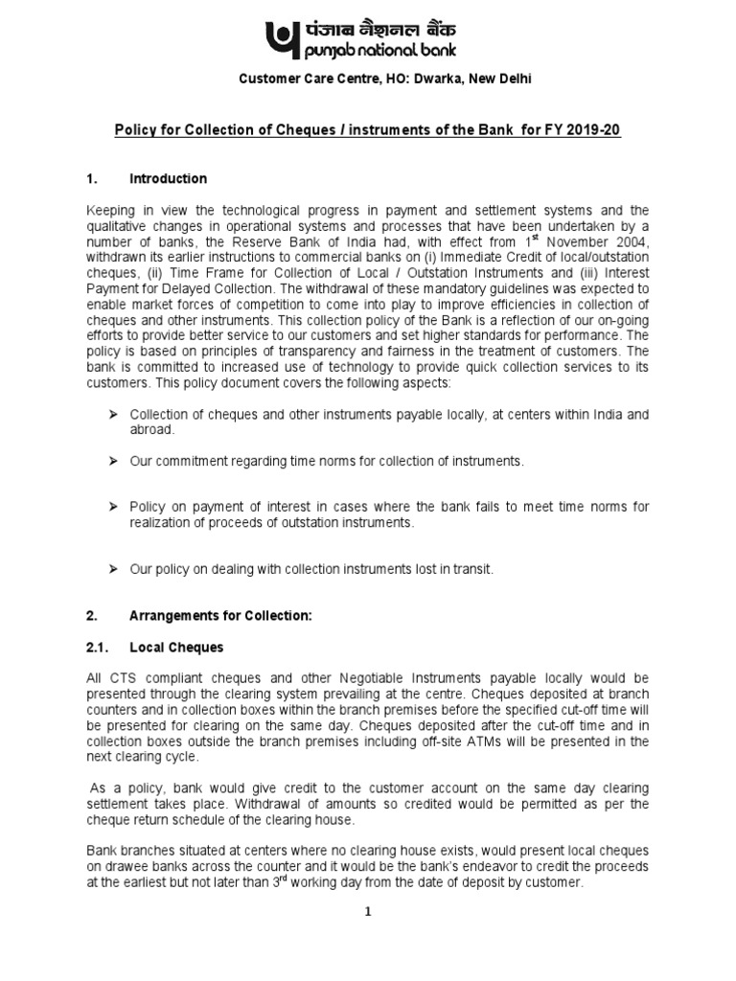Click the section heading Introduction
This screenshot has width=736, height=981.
coord(169,179)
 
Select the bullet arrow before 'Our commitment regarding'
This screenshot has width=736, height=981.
coord(113,461)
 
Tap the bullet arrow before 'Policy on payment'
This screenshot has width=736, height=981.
coord(113,506)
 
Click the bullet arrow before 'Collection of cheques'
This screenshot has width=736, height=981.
coord(113,415)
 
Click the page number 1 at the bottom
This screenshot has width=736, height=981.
coord(368,913)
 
